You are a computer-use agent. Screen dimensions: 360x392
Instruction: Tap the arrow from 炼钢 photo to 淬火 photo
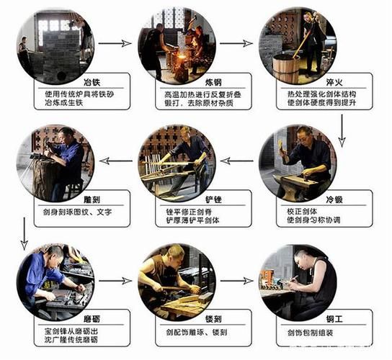[237, 43]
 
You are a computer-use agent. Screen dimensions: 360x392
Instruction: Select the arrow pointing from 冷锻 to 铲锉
[237, 160]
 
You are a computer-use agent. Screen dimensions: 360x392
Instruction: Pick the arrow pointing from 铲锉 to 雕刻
[115, 160]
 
